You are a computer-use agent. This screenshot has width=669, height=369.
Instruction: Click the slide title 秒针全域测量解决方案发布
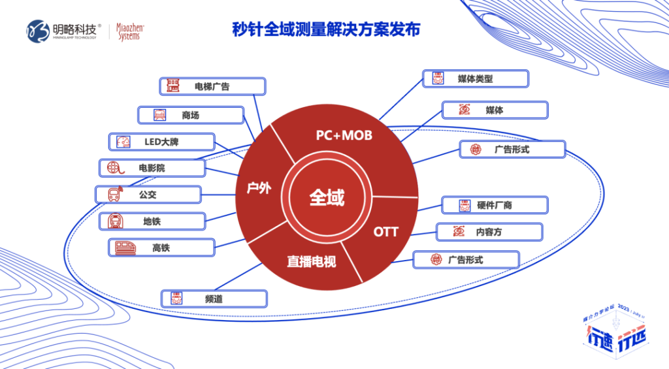(x=326, y=29)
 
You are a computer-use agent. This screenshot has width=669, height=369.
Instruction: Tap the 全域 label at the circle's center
(x=327, y=197)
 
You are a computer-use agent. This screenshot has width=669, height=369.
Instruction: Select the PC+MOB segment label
(x=344, y=135)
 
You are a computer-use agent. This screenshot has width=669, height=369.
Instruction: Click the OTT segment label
(x=385, y=232)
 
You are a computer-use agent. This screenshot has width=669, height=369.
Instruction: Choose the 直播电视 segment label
(x=312, y=262)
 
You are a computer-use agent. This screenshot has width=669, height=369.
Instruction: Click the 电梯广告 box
(x=212, y=86)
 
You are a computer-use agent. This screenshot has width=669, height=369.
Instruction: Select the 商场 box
(x=190, y=116)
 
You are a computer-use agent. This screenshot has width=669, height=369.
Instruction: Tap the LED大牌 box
(x=161, y=142)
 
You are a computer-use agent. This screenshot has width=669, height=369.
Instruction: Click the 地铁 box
(x=152, y=221)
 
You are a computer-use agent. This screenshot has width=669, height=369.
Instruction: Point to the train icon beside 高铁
(x=125, y=248)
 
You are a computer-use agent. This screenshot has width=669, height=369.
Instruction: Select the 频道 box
(x=214, y=298)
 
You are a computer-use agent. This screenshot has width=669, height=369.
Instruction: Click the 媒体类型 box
(x=475, y=79)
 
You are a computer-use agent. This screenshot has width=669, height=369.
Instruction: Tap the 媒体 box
(x=495, y=110)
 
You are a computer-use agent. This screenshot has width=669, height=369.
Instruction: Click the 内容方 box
(x=489, y=232)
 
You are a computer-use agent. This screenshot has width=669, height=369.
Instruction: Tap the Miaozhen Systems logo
(x=131, y=31)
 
